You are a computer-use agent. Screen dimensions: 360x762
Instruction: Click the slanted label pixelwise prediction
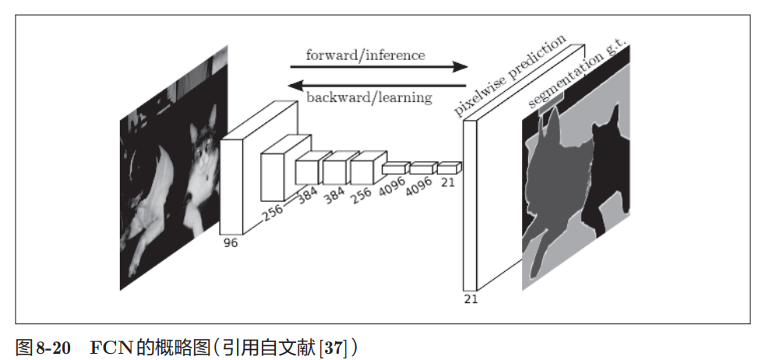click(x=510, y=76)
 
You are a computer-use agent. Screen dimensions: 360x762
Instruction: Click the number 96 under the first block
click(x=230, y=243)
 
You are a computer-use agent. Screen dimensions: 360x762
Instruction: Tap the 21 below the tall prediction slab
click(x=470, y=298)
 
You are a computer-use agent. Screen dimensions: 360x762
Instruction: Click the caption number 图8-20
click(x=46, y=344)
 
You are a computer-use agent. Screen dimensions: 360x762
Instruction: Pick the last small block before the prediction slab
click(x=449, y=168)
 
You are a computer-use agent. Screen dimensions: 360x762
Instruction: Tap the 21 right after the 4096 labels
click(x=447, y=183)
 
